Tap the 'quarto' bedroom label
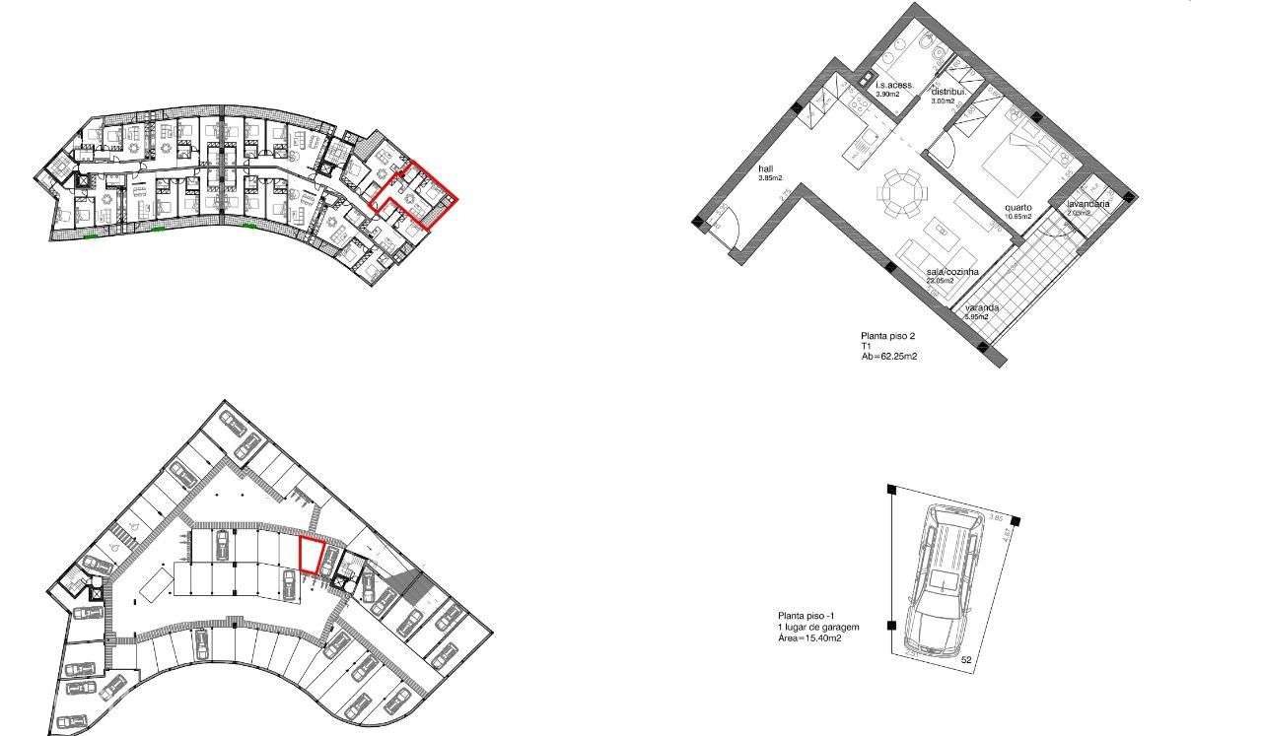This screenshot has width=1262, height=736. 1018,208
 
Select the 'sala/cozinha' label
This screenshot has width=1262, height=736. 951,271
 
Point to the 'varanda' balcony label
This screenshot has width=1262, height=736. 982,307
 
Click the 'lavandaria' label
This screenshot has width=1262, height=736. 1088,204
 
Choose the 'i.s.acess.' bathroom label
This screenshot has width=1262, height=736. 895,86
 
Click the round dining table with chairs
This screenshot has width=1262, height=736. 902,191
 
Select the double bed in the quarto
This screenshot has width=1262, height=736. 1017,159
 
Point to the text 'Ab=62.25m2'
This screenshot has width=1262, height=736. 889,357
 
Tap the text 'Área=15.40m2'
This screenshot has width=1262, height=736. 809,638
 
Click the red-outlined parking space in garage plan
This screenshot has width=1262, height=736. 313,555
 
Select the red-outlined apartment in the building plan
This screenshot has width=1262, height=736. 419,195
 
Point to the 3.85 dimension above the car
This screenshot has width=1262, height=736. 995,516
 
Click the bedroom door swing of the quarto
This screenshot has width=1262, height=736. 940,150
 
